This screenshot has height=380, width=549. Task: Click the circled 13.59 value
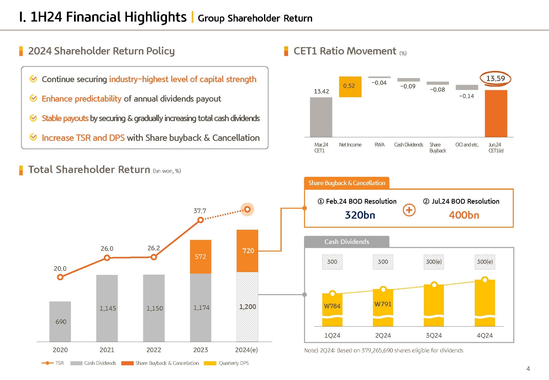click(x=496, y=79)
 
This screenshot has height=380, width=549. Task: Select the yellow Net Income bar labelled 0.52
click(x=350, y=87)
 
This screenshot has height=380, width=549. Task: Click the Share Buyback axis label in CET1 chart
click(x=438, y=148)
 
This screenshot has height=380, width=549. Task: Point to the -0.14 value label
click(x=466, y=96)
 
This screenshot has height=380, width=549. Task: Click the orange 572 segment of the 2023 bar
click(x=200, y=257)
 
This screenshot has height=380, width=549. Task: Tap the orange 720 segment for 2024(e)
click(x=248, y=251)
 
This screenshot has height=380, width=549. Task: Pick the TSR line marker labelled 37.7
click(x=200, y=220)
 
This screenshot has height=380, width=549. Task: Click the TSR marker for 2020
click(x=60, y=277)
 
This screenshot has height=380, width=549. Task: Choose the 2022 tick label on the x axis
click(x=154, y=350)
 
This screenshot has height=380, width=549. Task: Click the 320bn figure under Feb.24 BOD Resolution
click(x=360, y=215)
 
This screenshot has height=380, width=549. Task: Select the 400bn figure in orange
click(x=464, y=215)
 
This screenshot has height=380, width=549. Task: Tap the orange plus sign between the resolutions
click(x=409, y=210)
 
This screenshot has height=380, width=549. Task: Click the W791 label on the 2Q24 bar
click(x=383, y=304)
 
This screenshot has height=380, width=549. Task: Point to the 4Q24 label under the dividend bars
click(x=485, y=335)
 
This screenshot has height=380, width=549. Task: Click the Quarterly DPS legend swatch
click(x=210, y=363)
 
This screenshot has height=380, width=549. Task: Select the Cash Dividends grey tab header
click(x=347, y=242)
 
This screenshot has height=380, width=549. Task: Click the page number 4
click(x=528, y=369)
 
